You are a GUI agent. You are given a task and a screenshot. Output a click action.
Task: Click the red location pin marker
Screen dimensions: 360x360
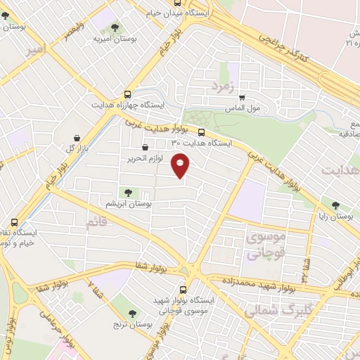pos(181,165)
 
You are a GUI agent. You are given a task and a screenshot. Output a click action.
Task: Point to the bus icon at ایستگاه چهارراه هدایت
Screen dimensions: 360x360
pos(127,94)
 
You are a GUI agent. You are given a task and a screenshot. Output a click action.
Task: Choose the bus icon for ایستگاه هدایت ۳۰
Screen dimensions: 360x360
pos(202,132)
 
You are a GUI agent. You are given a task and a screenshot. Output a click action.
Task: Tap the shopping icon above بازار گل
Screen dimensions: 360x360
pos(77,138)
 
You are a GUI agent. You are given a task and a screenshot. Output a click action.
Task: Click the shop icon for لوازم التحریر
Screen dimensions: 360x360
pos(145,148)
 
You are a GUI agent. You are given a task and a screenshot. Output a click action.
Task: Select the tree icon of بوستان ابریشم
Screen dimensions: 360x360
pos(127,192)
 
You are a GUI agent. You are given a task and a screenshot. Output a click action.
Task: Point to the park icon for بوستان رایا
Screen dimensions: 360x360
pos(335,205)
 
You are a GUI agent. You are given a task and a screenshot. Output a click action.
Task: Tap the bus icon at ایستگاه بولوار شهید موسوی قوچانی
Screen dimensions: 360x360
pos(184,289)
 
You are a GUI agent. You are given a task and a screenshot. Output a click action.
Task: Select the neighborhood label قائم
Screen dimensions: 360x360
pos(96,223)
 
